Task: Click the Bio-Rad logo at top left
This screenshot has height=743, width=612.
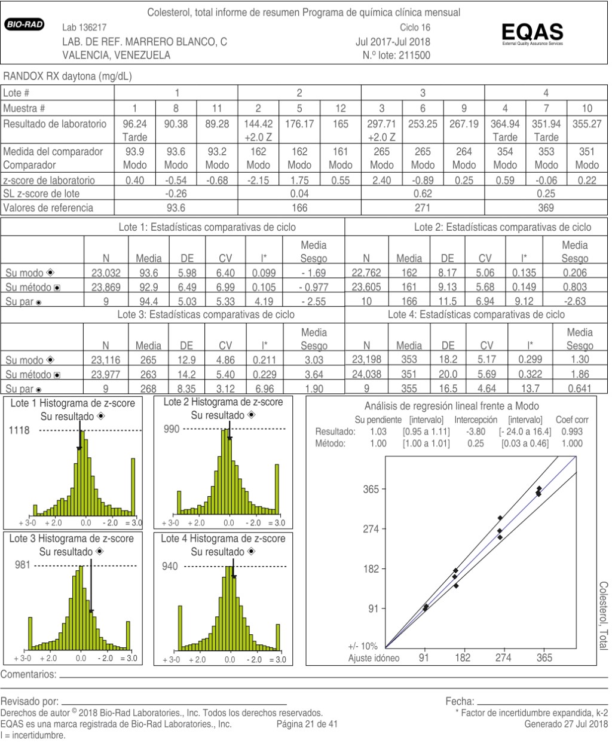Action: (x=24, y=25)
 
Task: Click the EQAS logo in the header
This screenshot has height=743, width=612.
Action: (x=533, y=32)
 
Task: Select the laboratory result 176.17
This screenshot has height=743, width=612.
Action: (x=299, y=124)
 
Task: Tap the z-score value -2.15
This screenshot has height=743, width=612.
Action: (x=258, y=180)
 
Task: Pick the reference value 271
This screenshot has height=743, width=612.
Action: (x=423, y=207)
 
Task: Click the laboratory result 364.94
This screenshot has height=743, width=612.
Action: (x=505, y=124)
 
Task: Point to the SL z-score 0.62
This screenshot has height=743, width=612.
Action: (x=423, y=194)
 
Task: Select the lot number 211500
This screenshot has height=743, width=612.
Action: (x=414, y=56)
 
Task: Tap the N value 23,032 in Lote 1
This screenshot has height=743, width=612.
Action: (x=106, y=273)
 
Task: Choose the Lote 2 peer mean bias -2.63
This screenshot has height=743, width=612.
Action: (x=574, y=301)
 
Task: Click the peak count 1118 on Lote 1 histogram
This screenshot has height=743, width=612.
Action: (x=19, y=430)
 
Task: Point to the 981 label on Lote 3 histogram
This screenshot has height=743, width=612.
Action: (x=22, y=565)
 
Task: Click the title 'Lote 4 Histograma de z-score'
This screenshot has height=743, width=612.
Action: (x=223, y=539)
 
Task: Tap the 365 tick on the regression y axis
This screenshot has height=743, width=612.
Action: (x=371, y=490)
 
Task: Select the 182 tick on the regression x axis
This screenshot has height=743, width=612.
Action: (x=463, y=658)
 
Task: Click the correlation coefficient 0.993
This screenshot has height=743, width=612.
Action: (x=572, y=432)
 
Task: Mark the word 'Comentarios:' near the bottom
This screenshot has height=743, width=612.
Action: (x=29, y=675)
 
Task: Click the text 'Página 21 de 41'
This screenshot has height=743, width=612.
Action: (x=308, y=724)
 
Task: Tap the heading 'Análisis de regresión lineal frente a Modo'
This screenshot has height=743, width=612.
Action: (x=451, y=406)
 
